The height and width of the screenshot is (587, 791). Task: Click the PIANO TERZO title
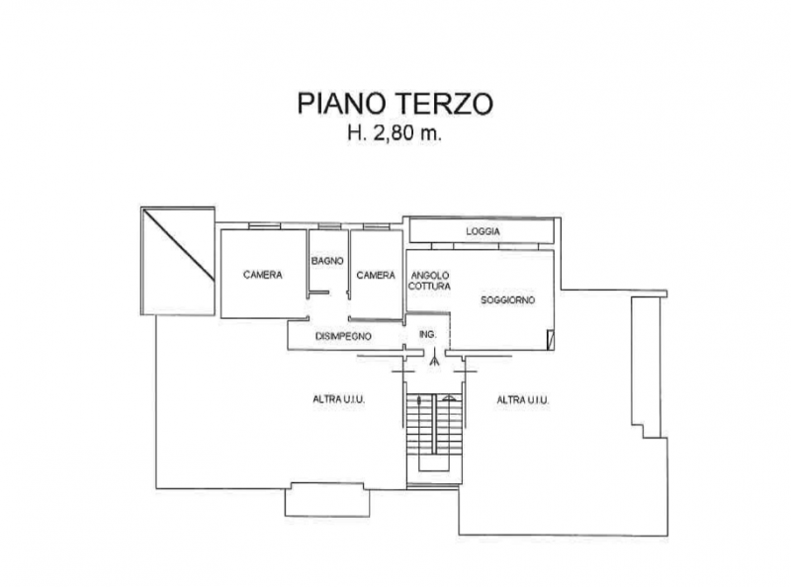pyautogui.click(x=395, y=104)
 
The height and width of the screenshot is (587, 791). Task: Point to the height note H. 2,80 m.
pyautogui.click(x=394, y=132)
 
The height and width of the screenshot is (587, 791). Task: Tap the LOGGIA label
pyautogui.click(x=483, y=231)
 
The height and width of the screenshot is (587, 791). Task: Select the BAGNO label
pyautogui.click(x=327, y=261)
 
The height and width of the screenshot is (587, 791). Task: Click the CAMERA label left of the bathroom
pyautogui.click(x=263, y=275)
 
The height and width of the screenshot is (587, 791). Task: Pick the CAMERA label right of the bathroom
pyautogui.click(x=376, y=275)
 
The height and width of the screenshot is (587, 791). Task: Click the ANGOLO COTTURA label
pyautogui.click(x=429, y=281)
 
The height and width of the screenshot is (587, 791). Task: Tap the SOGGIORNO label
pyautogui.click(x=507, y=300)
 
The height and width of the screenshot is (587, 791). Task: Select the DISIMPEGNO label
pyautogui.click(x=343, y=336)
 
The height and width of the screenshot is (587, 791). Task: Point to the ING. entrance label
pyautogui.click(x=428, y=334)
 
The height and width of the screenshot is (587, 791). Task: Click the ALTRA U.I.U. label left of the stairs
pyautogui.click(x=339, y=399)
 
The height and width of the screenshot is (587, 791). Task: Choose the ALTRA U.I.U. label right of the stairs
pyautogui.click(x=523, y=400)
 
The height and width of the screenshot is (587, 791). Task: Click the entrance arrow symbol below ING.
pyautogui.click(x=434, y=358)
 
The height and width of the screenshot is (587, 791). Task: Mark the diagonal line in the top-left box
pyautogui.click(x=178, y=245)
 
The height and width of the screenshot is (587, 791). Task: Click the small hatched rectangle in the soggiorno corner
pyautogui.click(x=551, y=338)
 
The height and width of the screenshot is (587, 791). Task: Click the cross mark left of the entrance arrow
pyautogui.click(x=403, y=372)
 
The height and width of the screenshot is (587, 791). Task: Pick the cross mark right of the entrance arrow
pyautogui.click(x=465, y=372)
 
